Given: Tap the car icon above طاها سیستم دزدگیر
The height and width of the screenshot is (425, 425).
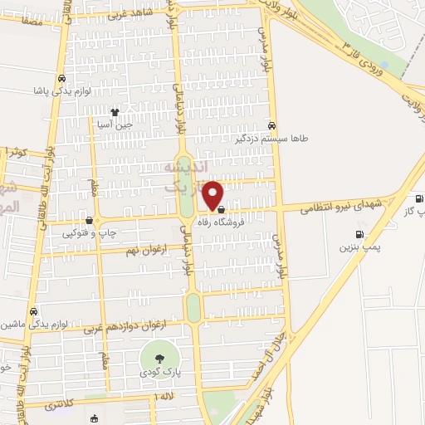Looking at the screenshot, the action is click(271, 125).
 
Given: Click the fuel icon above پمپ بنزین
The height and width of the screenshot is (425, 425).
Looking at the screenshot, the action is click(359, 233).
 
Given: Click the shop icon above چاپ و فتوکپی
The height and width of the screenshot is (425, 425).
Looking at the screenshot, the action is click(89, 221).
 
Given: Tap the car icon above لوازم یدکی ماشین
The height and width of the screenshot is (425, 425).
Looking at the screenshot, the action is click(33, 311).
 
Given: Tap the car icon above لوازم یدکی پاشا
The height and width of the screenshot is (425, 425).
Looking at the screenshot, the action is click(61, 79).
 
